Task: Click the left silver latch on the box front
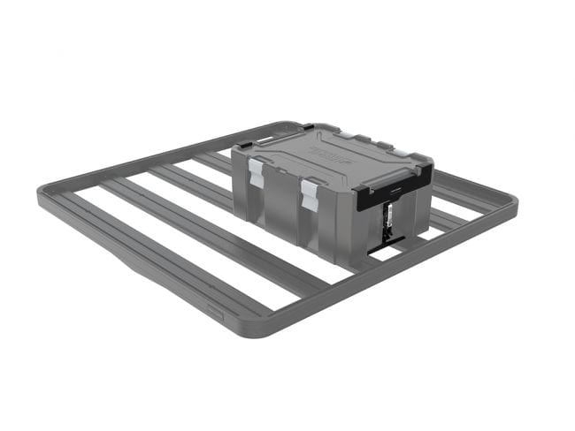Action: point(256,173)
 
